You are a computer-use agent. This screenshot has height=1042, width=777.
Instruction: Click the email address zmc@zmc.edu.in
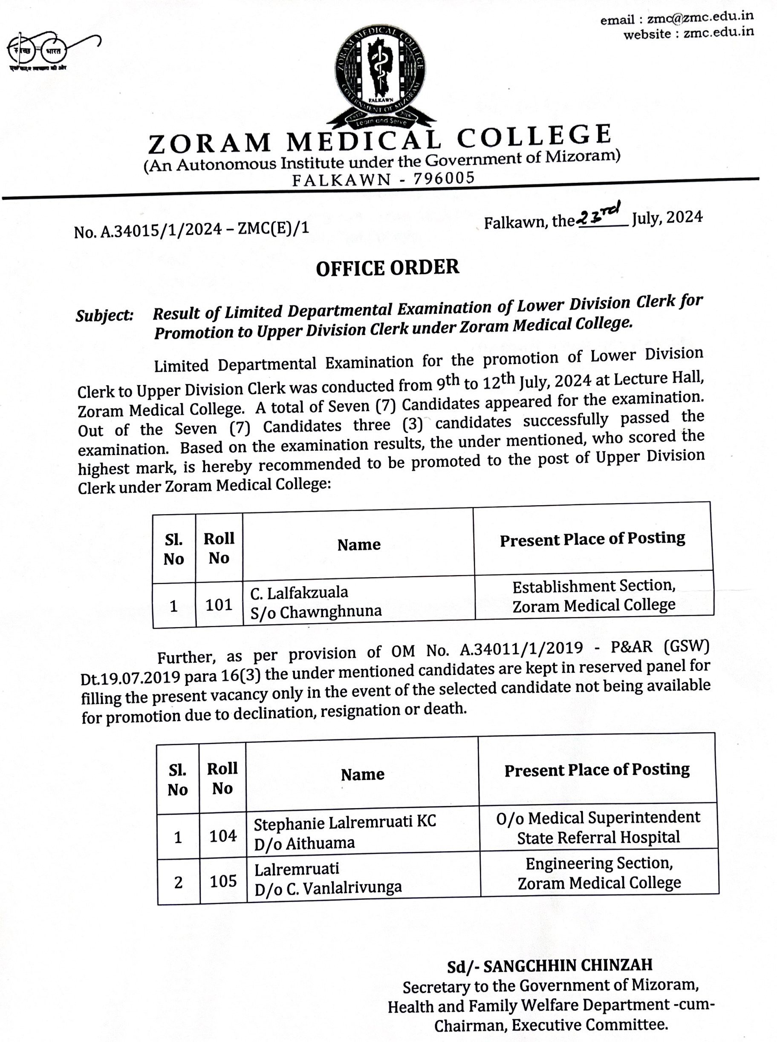click(x=700, y=17)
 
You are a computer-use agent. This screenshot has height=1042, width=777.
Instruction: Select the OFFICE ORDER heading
click(x=387, y=268)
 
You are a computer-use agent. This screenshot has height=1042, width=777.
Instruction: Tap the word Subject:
click(x=104, y=315)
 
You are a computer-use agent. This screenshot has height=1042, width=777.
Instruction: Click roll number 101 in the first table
click(x=219, y=604)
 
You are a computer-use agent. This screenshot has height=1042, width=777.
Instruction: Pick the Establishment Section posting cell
click(x=594, y=596)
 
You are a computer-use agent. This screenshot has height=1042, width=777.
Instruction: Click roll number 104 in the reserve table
click(x=223, y=836)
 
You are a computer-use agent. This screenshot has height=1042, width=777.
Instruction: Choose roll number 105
click(x=223, y=881)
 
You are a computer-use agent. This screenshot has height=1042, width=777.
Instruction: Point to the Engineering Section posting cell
click(x=599, y=873)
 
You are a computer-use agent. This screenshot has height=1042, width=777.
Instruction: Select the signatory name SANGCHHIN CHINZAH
click(x=568, y=965)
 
